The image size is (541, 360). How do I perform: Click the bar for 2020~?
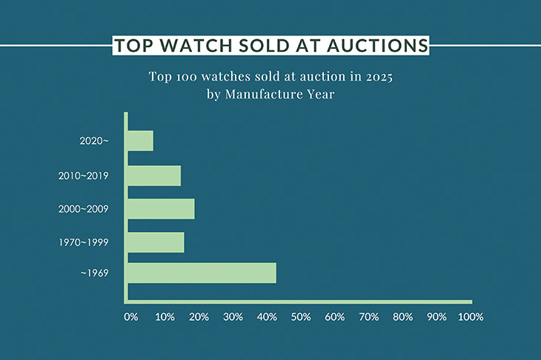click(140, 141)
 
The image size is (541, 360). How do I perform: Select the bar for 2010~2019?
click(154, 176)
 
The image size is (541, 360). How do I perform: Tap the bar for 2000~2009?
click(161, 209)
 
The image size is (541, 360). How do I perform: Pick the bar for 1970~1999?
click(156, 243)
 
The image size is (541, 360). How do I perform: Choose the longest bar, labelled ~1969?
click(202, 273)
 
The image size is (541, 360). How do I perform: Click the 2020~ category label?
click(94, 141)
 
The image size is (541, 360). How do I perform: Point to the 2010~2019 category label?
click(84, 176)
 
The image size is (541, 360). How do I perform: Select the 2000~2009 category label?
click(84, 209)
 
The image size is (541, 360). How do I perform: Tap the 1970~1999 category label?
click(84, 243)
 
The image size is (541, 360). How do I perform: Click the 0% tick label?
click(131, 317)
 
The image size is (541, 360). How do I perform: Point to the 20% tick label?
click(198, 317)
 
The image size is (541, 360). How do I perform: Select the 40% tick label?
click(266, 317)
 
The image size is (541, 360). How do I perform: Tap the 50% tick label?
click(300, 317)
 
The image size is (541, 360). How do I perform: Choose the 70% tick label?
click(368, 317)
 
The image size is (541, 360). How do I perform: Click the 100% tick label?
click(470, 317)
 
